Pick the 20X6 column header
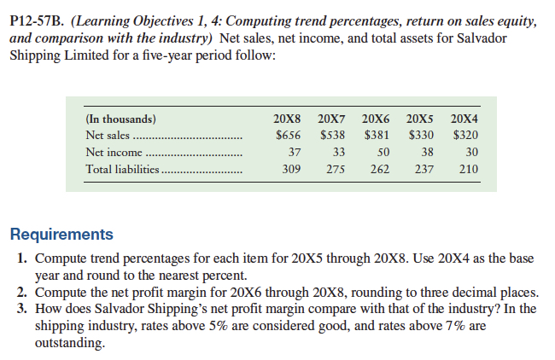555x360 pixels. (376, 119)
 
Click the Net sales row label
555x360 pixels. (108, 135)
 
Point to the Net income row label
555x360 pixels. (113, 152)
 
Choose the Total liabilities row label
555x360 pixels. (123, 169)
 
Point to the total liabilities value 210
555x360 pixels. (467, 169)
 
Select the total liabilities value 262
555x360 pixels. (380, 169)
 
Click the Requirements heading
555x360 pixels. (61, 234)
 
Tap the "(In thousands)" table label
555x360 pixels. (120, 119)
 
